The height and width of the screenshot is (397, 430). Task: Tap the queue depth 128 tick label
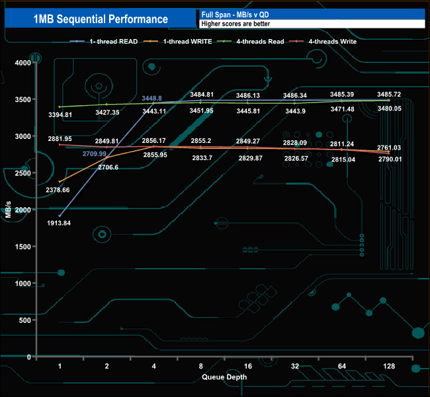pyautogui.click(x=388, y=366)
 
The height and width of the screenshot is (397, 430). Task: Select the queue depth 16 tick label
pyautogui.click(x=248, y=366)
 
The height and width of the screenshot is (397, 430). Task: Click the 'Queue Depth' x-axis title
pyautogui.click(x=225, y=377)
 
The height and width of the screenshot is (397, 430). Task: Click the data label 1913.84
pyautogui.click(x=60, y=223)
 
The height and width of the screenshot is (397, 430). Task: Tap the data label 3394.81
pyautogui.click(x=59, y=114)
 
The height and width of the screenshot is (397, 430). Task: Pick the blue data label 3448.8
pyautogui.click(x=153, y=98)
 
